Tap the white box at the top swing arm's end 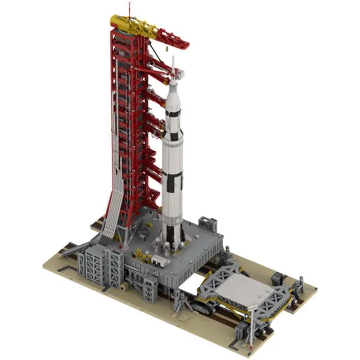coord(181,71)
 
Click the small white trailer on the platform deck coord(160,260)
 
